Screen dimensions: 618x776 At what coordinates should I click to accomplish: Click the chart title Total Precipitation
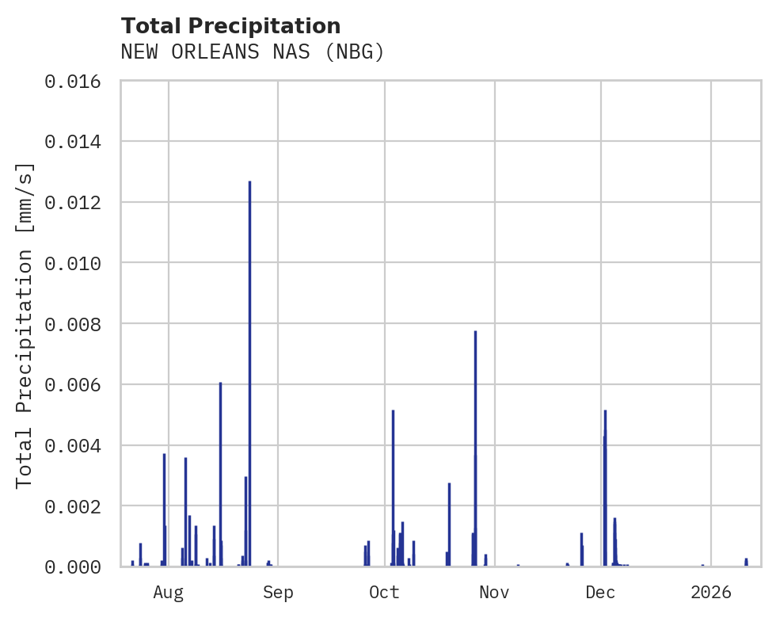click(230, 26)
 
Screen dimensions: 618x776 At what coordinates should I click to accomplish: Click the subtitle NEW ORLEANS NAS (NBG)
click(252, 52)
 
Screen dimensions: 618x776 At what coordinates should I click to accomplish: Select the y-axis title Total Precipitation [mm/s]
click(25, 324)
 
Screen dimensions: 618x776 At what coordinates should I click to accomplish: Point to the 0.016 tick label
click(73, 81)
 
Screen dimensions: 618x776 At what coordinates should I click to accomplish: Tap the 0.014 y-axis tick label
click(73, 142)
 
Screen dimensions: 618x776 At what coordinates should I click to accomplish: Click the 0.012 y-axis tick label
click(73, 203)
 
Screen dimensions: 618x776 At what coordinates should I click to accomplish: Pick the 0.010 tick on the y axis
click(73, 263)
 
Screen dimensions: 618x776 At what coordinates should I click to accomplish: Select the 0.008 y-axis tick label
click(73, 324)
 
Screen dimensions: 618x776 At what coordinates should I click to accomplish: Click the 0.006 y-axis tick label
click(73, 384)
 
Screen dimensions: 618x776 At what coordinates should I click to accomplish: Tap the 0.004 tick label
click(73, 445)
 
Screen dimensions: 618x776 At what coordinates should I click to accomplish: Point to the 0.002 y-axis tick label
click(73, 505)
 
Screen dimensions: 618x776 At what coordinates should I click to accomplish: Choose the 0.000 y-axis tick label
click(73, 566)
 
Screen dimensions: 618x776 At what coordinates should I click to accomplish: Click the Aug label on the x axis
click(169, 592)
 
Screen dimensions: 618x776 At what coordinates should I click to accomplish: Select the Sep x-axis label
click(278, 592)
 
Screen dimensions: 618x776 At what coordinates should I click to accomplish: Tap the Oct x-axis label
click(384, 592)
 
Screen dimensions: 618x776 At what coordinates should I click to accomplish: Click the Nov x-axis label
click(493, 592)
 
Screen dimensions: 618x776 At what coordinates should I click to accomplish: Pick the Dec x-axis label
click(601, 592)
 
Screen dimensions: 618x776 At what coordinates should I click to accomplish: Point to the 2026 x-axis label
click(711, 592)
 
